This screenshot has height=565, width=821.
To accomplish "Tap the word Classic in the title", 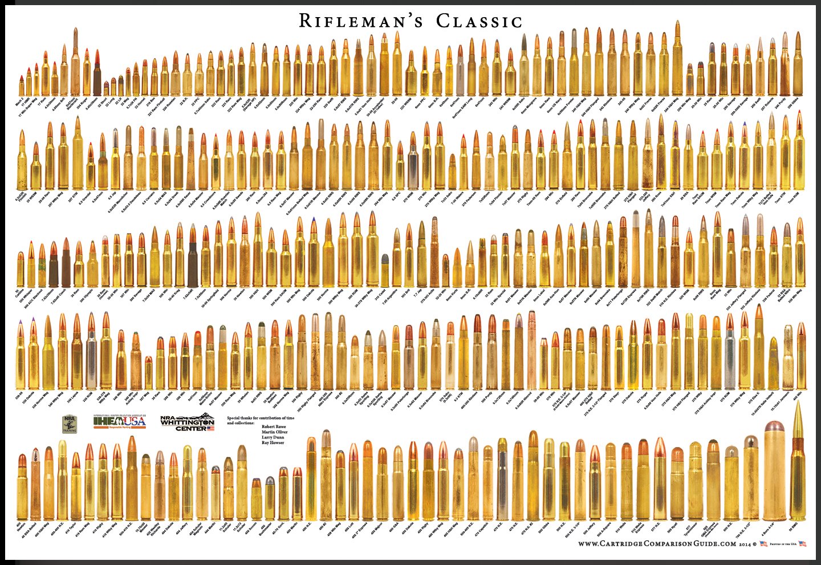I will [x=479, y=22].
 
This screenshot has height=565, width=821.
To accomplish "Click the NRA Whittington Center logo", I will [x=187, y=422].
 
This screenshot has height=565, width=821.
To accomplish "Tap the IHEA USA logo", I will [x=120, y=422].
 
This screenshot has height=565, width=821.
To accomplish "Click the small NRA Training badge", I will [x=70, y=424].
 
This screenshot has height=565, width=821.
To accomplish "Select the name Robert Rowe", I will [x=274, y=426].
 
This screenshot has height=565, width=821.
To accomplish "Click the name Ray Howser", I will [x=273, y=442].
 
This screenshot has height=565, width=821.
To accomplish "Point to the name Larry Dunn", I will [x=273, y=437].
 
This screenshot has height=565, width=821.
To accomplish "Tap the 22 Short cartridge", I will [x=106, y=88].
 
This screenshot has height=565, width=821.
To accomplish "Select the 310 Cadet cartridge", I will [x=385, y=271].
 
